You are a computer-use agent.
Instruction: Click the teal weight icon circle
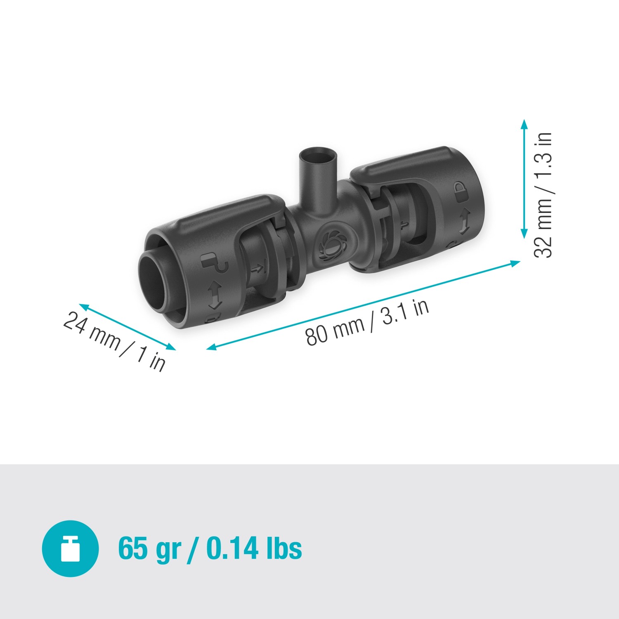point(70,548)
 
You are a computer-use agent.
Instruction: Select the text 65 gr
point(149,548)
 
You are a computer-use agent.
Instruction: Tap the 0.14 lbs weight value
point(254,548)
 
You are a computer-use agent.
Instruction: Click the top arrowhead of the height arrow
point(524,124)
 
